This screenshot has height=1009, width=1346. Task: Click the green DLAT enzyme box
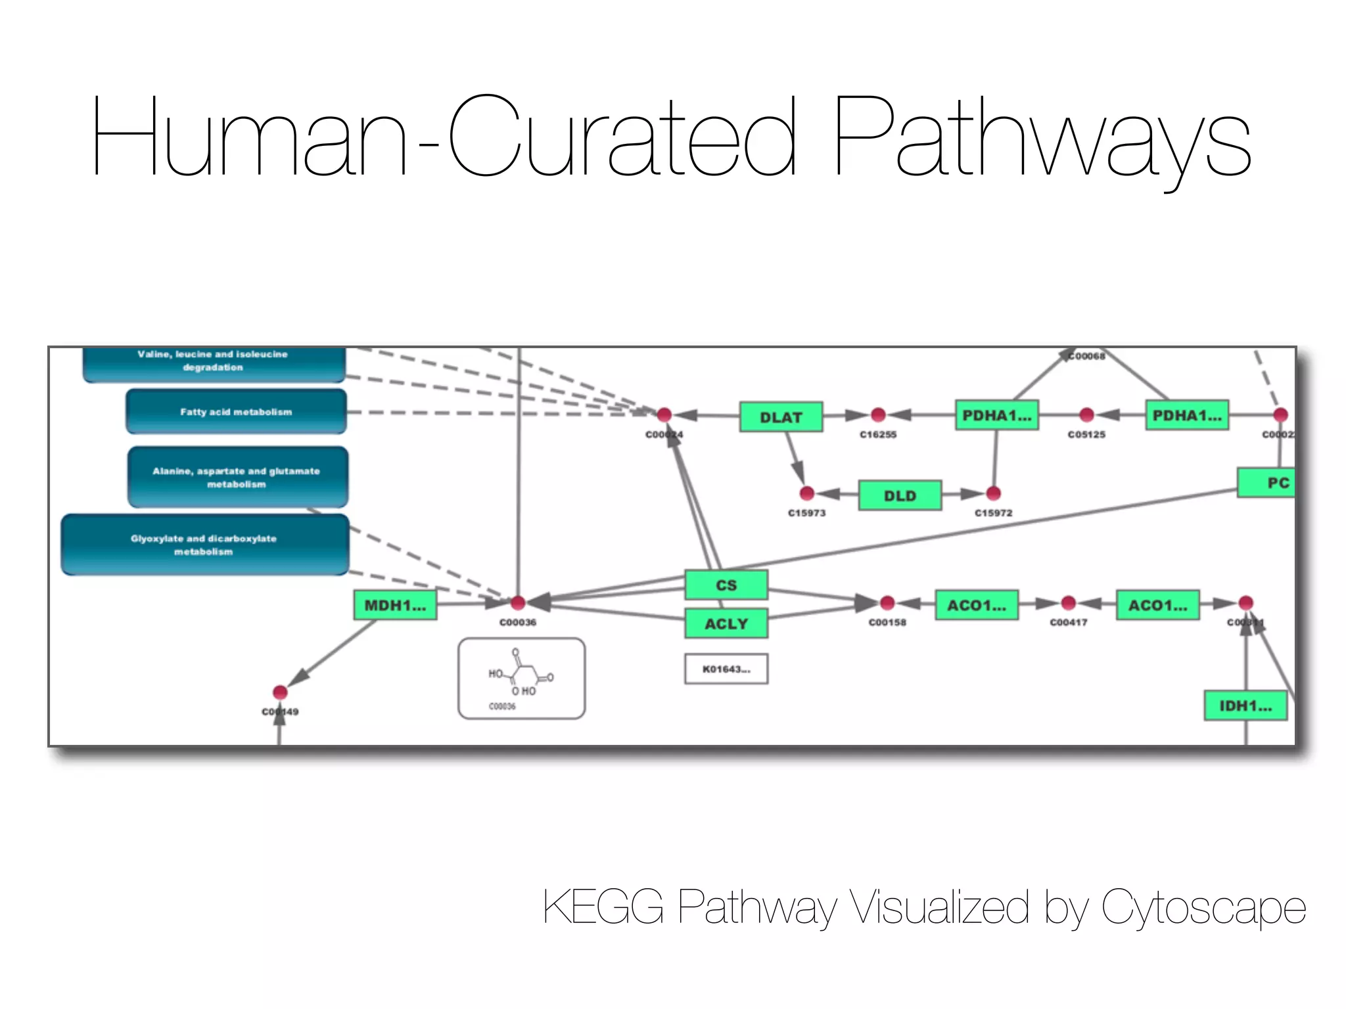tap(781, 417)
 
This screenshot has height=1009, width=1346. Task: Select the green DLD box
tap(900, 495)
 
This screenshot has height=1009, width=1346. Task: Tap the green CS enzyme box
tap(726, 585)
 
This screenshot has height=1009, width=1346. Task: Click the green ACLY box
tap(726, 623)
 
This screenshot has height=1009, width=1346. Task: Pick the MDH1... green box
tap(395, 605)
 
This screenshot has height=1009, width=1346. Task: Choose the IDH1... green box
tap(1245, 706)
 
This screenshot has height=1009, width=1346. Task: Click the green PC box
tap(1267, 483)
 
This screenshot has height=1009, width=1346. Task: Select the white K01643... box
tap(726, 669)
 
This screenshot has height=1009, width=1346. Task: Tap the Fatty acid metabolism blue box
tap(236, 412)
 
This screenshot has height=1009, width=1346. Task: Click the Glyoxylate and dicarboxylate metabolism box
tap(204, 545)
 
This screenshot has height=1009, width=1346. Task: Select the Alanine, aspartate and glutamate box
tap(237, 478)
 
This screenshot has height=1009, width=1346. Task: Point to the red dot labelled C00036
tap(518, 602)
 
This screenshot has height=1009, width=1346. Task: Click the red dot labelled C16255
tap(878, 415)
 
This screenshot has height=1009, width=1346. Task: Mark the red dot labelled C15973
tap(807, 493)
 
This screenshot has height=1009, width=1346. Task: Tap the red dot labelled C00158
tap(887, 602)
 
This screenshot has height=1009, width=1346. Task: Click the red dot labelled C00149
tap(280, 692)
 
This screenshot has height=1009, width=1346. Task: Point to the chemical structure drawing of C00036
tap(521, 679)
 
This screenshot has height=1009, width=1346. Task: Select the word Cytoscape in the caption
tap(1203, 907)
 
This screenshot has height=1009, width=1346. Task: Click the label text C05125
tap(1086, 434)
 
